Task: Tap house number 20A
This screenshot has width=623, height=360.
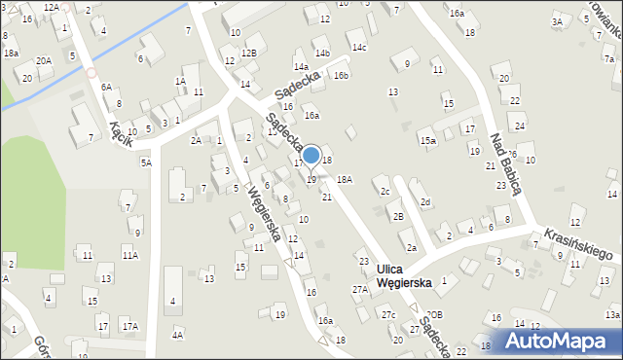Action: pos(44,60)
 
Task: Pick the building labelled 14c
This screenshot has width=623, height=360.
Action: pos(359,47)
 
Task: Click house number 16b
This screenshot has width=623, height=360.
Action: pos(341,75)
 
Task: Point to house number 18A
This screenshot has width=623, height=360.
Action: pos(345,180)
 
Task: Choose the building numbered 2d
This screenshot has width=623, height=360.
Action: pos(425,201)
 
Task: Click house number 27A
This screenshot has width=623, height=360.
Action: pos(359,289)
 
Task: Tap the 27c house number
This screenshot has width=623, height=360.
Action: pos(388,314)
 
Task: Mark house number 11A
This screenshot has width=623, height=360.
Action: pos(129,255)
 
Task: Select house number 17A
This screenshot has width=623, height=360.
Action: pos(129,324)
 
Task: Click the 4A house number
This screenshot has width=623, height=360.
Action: pos(177,335)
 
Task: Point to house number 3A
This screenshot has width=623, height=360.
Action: pos(557,21)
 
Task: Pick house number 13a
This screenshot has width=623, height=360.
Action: pos(611,315)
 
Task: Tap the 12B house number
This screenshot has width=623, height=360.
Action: pos(249,53)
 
